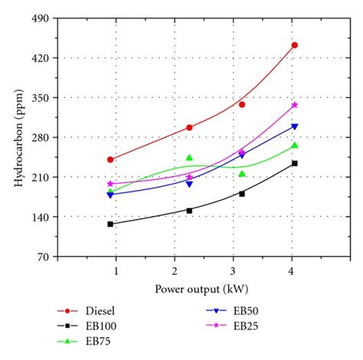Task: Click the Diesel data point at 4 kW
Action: point(294,45)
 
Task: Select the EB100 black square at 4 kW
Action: point(294,163)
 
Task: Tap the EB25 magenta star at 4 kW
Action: point(294,105)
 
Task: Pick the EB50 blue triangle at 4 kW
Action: point(294,126)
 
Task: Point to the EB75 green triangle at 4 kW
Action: point(294,146)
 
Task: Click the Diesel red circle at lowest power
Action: point(110,159)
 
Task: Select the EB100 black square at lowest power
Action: point(110,224)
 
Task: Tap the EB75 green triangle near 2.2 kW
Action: point(189,158)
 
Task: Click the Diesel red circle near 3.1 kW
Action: point(242,104)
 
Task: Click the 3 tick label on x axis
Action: point(233,271)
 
